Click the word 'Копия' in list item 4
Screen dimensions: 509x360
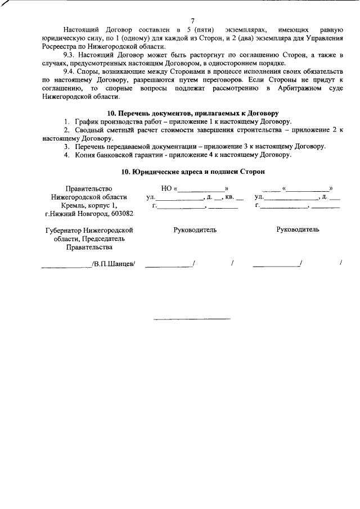click(84, 155)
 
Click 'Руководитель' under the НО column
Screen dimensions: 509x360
click(195, 230)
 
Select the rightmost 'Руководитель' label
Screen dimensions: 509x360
click(298, 229)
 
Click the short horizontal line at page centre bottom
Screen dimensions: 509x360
click(192, 319)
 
